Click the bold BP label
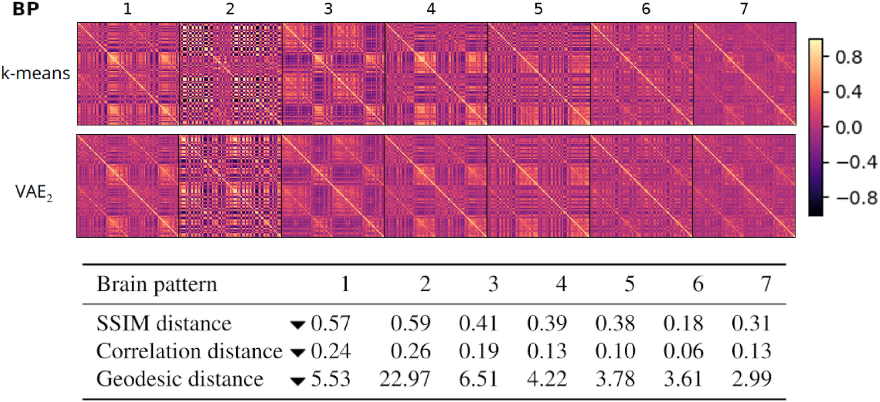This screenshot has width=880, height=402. click(26, 9)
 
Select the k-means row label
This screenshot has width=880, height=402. click(35, 74)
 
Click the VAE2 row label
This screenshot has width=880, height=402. click(33, 192)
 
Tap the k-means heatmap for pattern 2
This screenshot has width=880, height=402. click(230, 74)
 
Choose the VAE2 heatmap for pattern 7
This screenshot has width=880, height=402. click(744, 186)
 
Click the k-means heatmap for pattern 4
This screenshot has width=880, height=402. click(436, 74)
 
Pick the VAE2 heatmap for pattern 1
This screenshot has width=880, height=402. click(128, 186)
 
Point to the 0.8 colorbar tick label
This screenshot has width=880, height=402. click(849, 57)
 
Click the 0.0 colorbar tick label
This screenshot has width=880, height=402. click(849, 127)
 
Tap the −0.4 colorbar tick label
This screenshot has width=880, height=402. click(856, 162)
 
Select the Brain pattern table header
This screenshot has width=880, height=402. click(157, 284)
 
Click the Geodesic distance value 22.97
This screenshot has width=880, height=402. click(404, 379)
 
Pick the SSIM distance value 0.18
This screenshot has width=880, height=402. click(683, 323)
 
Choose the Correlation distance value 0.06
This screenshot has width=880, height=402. click(683, 351)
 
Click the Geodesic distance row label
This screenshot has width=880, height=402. click(180, 379)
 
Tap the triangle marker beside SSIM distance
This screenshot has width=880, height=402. click(297, 325)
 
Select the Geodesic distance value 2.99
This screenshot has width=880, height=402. click(751, 379)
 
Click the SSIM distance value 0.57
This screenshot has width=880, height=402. click(331, 323)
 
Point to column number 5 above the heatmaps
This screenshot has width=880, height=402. click(538, 9)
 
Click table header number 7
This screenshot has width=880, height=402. click(766, 284)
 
